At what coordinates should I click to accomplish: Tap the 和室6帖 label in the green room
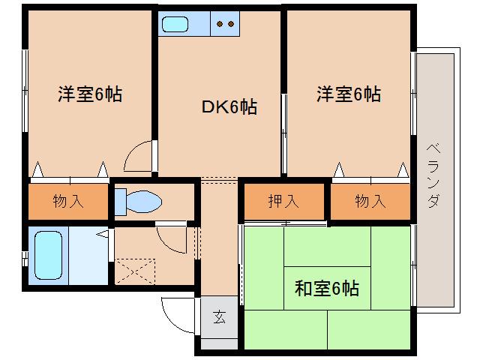coord(326,287)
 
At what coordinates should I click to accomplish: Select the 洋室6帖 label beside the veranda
coord(348,94)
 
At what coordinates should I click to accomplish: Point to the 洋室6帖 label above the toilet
coord(90,94)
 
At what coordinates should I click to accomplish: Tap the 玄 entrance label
coord(218,317)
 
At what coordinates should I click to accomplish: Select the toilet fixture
coord(139,201)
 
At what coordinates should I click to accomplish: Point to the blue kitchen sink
coord(175,24)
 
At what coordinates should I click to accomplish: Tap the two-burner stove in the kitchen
coord(224,24)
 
